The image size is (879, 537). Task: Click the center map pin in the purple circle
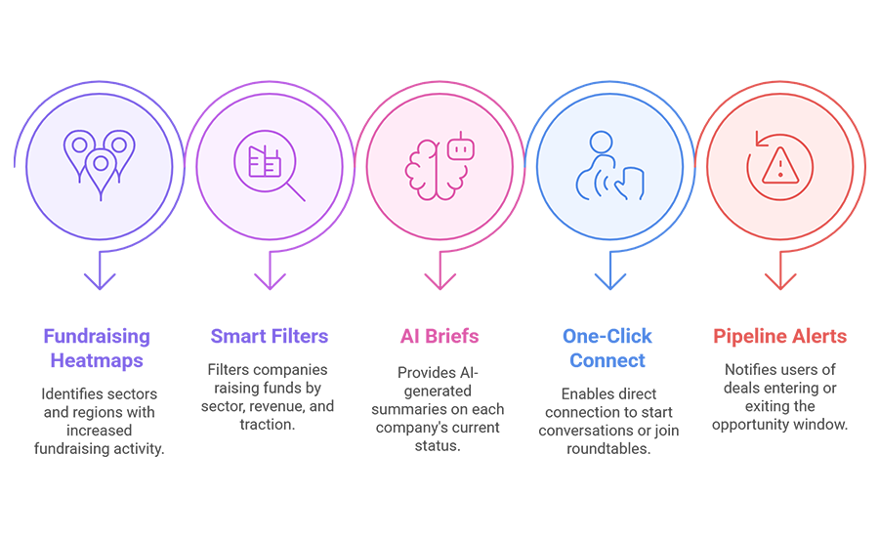(100, 169)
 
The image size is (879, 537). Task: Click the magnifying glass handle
(294, 190)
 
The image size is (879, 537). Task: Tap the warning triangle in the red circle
(777, 167)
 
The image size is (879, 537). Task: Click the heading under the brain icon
(439, 341)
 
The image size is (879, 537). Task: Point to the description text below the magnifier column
(269, 391)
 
